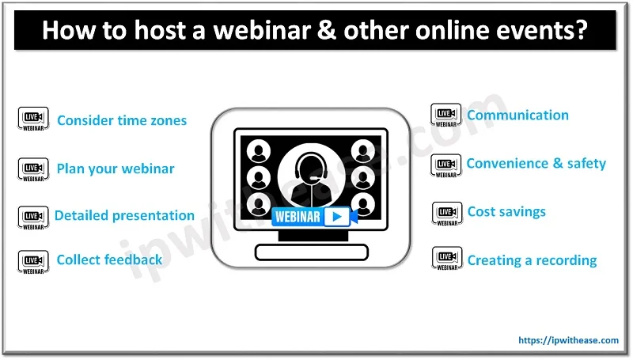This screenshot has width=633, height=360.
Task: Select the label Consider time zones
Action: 122,121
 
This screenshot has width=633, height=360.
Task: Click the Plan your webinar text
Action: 116,169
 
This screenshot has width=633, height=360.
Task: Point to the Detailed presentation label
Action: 124,215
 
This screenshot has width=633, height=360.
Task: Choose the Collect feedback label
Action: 109,260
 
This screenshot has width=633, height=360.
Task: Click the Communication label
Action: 517,116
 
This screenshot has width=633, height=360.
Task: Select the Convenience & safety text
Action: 536,164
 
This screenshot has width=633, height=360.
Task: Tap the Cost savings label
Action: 506,212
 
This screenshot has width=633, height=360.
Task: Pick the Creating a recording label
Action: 532,260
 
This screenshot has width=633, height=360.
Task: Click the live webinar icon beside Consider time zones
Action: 32,120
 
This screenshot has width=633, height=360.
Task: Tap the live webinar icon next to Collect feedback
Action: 32,261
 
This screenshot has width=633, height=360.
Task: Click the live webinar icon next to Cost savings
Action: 446,214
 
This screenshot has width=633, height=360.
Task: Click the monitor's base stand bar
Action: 311,252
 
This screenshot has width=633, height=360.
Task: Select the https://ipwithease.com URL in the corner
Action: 567,340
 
